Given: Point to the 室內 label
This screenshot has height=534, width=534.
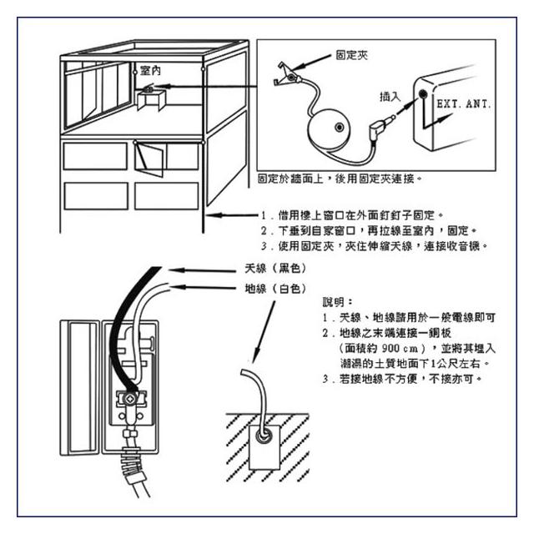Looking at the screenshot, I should (x=152, y=72).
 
